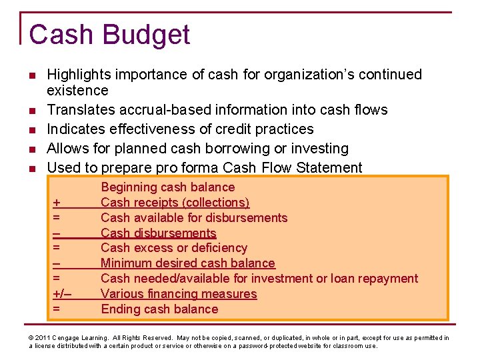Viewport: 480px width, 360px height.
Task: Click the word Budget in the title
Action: pyautogui.click(x=148, y=35)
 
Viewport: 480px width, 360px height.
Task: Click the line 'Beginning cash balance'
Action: pyautogui.click(x=167, y=187)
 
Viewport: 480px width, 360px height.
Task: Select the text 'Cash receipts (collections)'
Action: pyautogui.click(x=175, y=203)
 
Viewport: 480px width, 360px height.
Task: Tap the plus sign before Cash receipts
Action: pyautogui.click(x=57, y=203)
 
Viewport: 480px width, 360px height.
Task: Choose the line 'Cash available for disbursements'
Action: pyautogui.click(x=194, y=218)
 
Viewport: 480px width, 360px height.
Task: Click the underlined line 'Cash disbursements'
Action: pyautogui.click(x=159, y=233)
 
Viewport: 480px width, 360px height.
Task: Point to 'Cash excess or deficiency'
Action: pyautogui.click(x=174, y=248)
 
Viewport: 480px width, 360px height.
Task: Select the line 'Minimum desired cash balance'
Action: pyautogui.click(x=188, y=263)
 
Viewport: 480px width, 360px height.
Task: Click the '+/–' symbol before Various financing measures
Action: pyautogui.click(x=62, y=294)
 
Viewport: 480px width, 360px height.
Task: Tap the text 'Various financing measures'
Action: pyautogui.click(x=179, y=294)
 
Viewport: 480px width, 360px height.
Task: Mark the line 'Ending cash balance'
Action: pyautogui.click(x=159, y=309)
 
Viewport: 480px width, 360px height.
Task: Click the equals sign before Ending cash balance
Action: pyautogui.click(x=57, y=309)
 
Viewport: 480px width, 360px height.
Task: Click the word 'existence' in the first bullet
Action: pyautogui.click(x=77, y=90)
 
